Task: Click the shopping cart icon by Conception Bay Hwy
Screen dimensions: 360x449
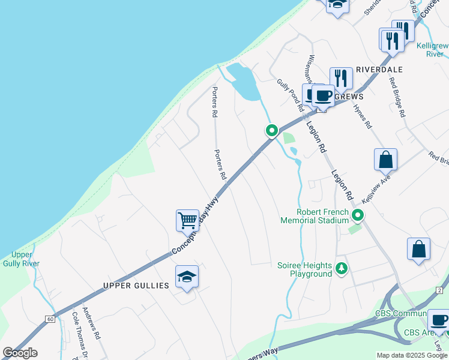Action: pyautogui.click(x=187, y=220)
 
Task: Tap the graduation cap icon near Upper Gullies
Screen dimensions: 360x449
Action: pyautogui.click(x=187, y=277)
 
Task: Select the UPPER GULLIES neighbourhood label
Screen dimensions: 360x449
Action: pyautogui.click(x=136, y=286)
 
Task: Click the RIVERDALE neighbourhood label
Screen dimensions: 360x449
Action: pyautogui.click(x=379, y=70)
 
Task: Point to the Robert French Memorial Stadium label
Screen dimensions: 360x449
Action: pyautogui.click(x=315, y=216)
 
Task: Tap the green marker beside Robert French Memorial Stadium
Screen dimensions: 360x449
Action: pyautogui.click(x=358, y=215)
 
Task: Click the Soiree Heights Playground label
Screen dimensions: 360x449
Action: pyautogui.click(x=304, y=269)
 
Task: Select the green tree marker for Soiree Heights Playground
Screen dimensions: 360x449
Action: pyautogui.click(x=342, y=268)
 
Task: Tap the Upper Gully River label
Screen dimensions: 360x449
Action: pyautogui.click(x=22, y=259)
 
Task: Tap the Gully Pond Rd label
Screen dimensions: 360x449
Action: pyautogui.click(x=290, y=95)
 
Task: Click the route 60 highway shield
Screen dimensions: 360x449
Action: pyautogui.click(x=49, y=319)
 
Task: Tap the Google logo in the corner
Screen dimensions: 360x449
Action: pyautogui.click(x=20, y=353)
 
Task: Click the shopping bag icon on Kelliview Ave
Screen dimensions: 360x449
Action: pyautogui.click(x=385, y=160)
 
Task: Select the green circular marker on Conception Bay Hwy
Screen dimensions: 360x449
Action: pyautogui.click(x=271, y=130)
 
